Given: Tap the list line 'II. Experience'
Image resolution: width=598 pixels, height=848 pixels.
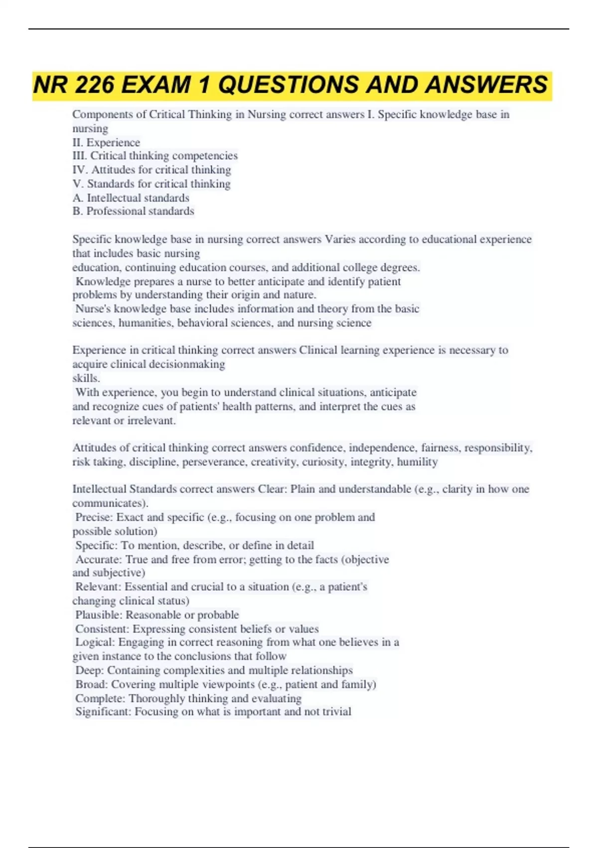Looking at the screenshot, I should point(106,142).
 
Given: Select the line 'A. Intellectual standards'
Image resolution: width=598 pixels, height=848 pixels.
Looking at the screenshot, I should point(131,198).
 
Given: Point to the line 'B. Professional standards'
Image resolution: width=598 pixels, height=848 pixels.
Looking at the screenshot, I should point(133,211).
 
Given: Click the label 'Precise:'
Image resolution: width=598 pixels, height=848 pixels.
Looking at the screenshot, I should point(94,517).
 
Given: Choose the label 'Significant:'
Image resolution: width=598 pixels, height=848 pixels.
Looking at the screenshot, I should point(103,712).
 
